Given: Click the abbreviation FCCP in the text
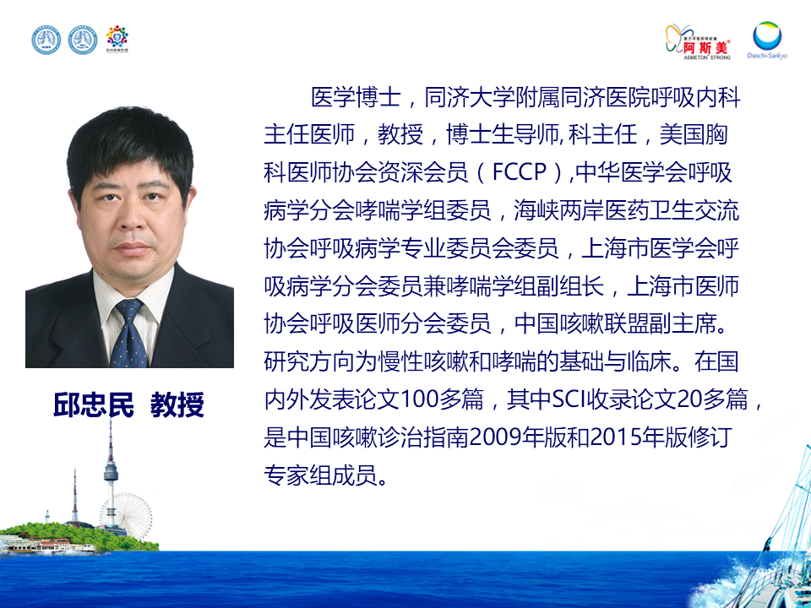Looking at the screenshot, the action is [x=520, y=172].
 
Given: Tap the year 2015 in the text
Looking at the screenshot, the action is [x=616, y=437].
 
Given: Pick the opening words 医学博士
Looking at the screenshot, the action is [x=356, y=97].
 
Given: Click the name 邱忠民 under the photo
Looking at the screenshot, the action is [x=94, y=404].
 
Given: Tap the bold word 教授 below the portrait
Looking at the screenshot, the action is [x=177, y=404].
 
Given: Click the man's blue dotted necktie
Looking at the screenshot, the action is [x=128, y=333].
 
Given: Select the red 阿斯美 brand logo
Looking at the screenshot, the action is [x=698, y=42].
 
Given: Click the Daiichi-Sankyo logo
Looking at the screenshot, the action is [x=767, y=41].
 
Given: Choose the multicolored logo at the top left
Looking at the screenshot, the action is [x=117, y=39].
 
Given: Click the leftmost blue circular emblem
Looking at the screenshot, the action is [x=46, y=41].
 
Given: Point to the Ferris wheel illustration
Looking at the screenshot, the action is [x=134, y=514].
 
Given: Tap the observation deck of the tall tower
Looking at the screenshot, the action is [x=111, y=471].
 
